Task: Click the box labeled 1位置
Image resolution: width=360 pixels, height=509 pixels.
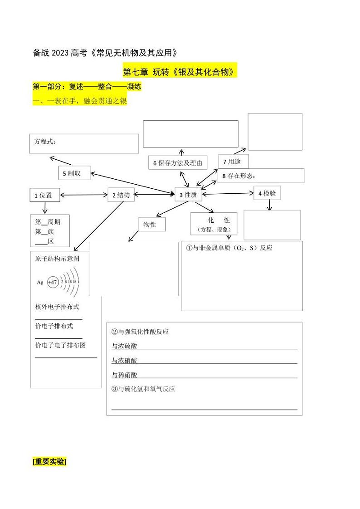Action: pyautogui.click(x=44, y=195)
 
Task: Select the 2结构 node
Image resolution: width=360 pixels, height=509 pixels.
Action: pyautogui.click(x=121, y=195)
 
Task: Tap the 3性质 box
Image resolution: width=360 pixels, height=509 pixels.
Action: pyautogui.click(x=188, y=195)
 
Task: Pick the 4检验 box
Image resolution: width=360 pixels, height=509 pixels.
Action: pyautogui.click(x=267, y=193)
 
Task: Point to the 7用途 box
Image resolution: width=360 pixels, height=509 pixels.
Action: pyautogui.click(x=233, y=161)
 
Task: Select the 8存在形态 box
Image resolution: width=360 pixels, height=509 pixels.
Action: pyautogui.click(x=261, y=176)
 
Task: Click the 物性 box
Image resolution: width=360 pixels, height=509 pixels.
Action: pyautogui.click(x=152, y=224)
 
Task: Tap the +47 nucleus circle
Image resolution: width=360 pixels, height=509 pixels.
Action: pyautogui.click(x=53, y=282)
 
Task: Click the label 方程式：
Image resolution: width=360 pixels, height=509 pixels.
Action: pyautogui.click(x=45, y=142)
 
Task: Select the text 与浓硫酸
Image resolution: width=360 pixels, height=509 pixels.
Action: pyautogui.click(x=124, y=346)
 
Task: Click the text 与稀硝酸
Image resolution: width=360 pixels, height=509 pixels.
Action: pyautogui.click(x=124, y=375)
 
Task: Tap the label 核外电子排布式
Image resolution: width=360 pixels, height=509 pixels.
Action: pyautogui.click(x=57, y=307)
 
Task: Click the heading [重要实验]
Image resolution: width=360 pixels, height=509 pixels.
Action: pyautogui.click(x=49, y=461)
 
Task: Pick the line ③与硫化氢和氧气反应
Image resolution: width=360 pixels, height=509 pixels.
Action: pyautogui.click(x=143, y=389)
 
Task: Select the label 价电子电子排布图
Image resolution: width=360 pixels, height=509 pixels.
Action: pyautogui.click(x=60, y=345)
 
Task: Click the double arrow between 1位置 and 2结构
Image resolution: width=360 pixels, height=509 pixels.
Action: pyautogui.click(x=83, y=195)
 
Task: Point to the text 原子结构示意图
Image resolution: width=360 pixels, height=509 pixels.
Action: pyautogui.click(x=57, y=259)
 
